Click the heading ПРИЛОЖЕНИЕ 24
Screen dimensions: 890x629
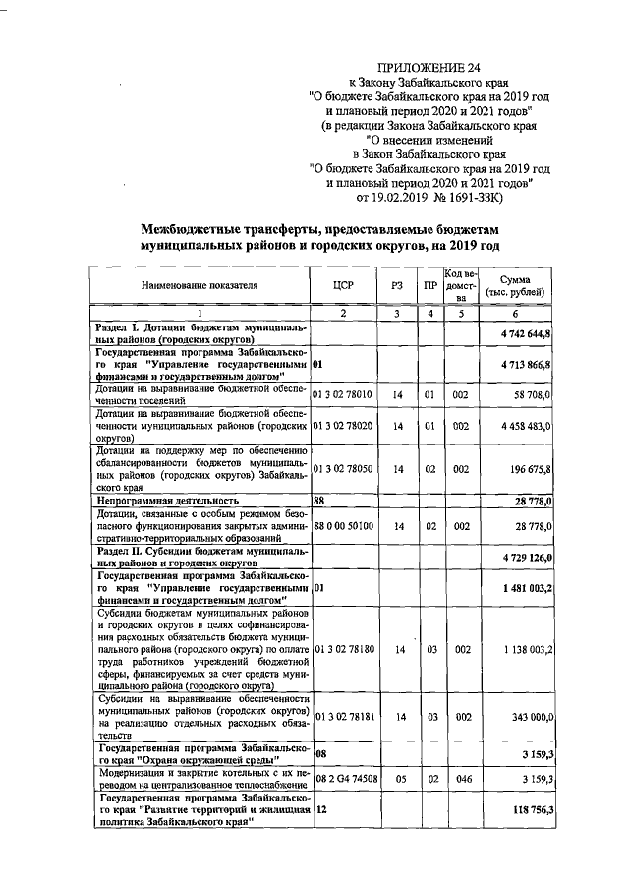click(428, 67)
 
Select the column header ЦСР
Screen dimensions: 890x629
click(344, 286)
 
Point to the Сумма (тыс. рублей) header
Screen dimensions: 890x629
click(520, 286)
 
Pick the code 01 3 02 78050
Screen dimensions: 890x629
click(343, 469)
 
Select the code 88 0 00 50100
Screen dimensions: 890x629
click(343, 527)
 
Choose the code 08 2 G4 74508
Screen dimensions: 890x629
click(343, 777)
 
